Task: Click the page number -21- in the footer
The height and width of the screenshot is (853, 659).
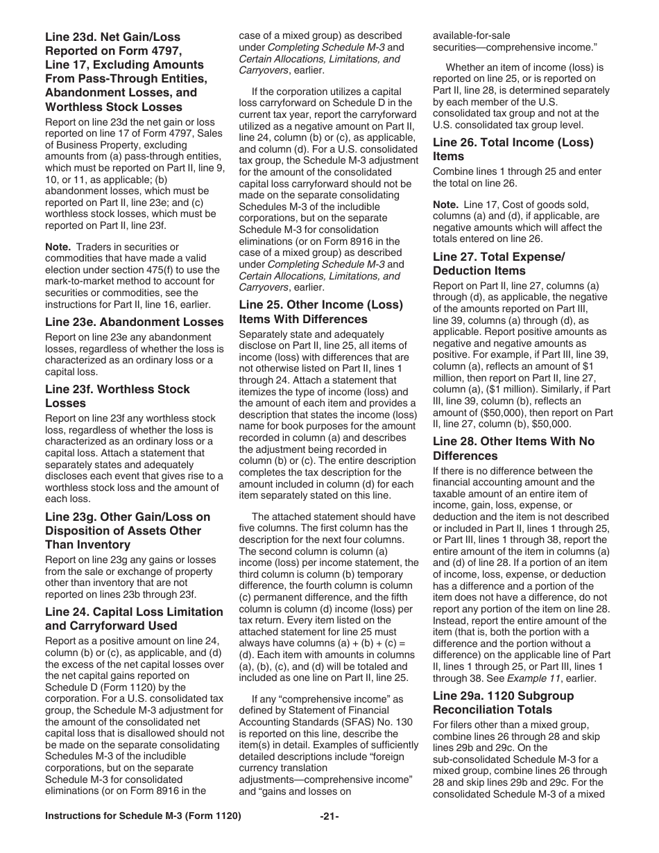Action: (x=329, y=816)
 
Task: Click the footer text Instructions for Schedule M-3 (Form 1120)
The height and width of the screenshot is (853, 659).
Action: (x=143, y=816)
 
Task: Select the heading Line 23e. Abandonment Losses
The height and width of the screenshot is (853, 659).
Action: (x=135, y=322)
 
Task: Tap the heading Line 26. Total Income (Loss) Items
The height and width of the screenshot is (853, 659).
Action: (x=513, y=149)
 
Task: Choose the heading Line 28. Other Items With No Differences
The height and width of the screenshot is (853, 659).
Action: (x=513, y=449)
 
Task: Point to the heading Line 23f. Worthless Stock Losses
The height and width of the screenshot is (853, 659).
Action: (x=117, y=396)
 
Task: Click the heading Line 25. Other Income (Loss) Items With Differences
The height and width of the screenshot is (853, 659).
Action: (x=320, y=312)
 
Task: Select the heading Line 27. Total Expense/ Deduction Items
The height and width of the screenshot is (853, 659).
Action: (x=499, y=264)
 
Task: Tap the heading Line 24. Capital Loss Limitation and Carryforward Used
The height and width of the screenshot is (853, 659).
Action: (x=134, y=619)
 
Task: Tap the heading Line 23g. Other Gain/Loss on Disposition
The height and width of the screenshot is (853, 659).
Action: (x=128, y=531)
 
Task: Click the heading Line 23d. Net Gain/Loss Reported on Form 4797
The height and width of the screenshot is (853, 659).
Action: (x=126, y=71)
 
